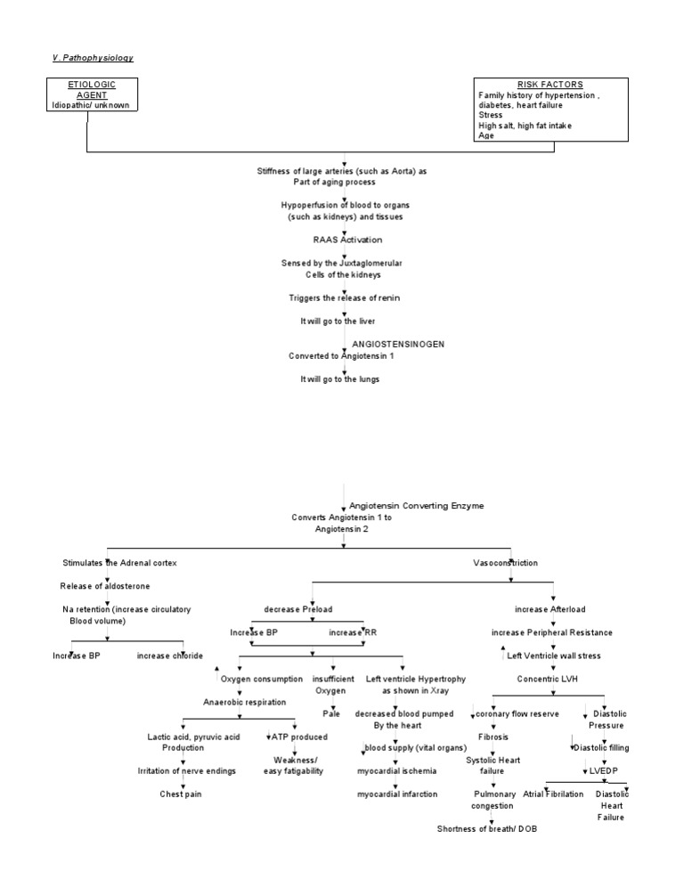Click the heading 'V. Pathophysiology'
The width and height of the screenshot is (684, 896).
92,58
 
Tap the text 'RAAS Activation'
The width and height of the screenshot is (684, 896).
347,240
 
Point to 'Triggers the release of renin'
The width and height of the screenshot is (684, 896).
344,297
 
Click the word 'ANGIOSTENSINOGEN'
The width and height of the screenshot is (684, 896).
398,343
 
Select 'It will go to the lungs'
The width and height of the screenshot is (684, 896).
339,379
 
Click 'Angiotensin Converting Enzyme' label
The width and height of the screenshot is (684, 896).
416,505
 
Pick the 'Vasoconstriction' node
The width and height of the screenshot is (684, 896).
505,563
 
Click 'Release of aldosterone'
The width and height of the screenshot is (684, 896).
105,586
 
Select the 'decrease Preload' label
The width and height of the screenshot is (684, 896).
298,609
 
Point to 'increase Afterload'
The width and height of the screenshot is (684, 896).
550,609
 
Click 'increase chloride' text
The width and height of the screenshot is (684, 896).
170,656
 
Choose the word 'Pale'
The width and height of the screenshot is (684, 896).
331,713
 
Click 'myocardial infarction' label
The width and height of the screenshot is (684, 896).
397,794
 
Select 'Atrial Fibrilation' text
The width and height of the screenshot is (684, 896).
553,794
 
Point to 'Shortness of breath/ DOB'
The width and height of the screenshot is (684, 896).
487,828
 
